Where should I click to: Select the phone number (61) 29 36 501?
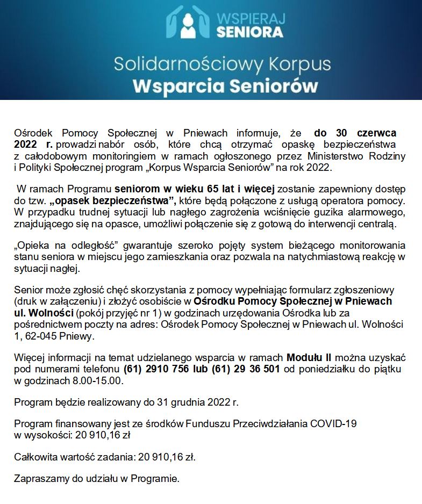pos(246,369)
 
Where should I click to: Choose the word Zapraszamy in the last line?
pos(38,478)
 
